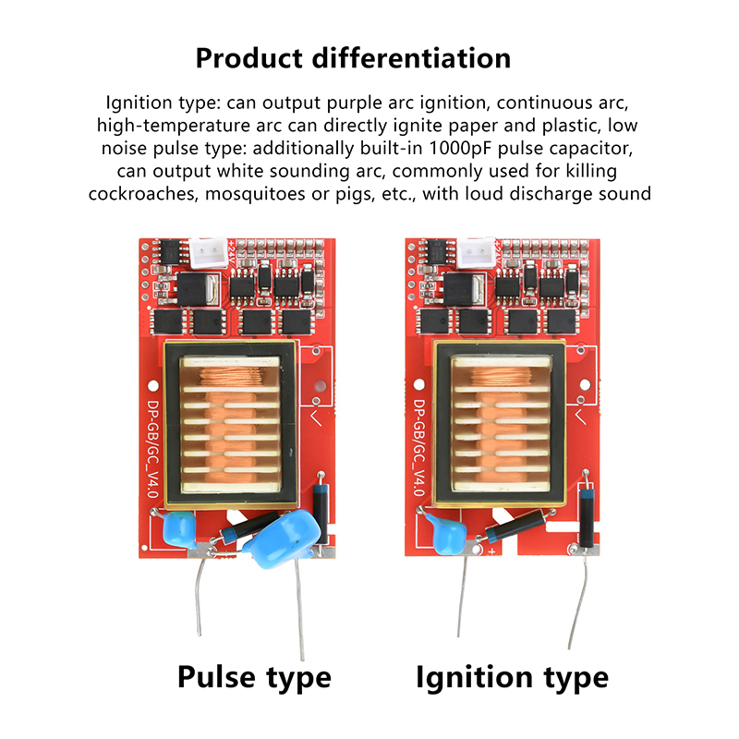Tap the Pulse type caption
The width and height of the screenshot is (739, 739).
click(x=254, y=676)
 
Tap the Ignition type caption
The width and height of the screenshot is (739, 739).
click(x=512, y=676)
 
